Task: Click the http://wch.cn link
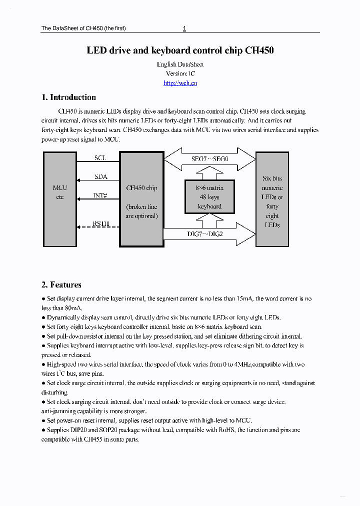(x=180, y=83)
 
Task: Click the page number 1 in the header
(x=184, y=28)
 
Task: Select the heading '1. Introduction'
(x=68, y=97)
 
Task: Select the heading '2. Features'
(x=61, y=285)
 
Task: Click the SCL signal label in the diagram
(x=100, y=158)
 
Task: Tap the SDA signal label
(x=100, y=177)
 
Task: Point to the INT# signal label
(x=100, y=195)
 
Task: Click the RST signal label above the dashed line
(x=100, y=223)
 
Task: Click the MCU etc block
(x=60, y=192)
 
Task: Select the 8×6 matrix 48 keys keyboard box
(x=209, y=197)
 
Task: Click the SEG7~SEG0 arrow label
(x=209, y=159)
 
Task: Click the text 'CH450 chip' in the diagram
(x=141, y=188)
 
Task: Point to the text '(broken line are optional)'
(x=141, y=211)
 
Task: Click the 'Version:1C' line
(x=180, y=73)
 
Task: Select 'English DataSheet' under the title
(x=180, y=64)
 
